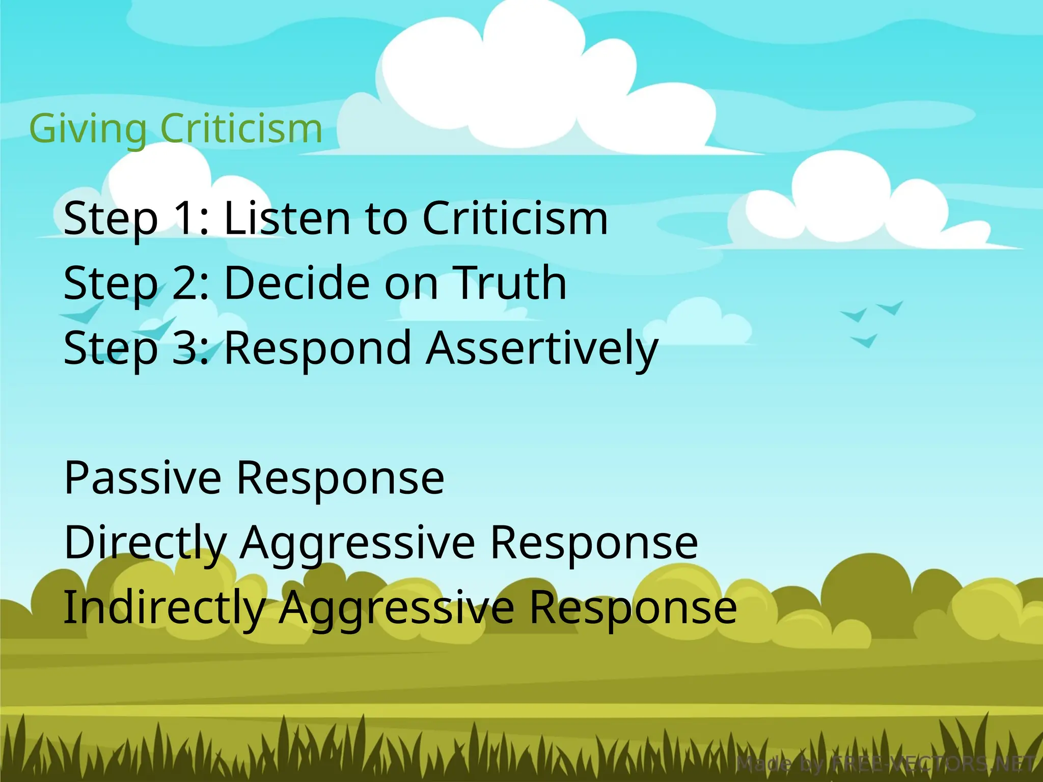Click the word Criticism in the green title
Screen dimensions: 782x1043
pos(241,128)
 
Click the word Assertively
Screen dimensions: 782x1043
pos(542,348)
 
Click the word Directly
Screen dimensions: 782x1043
pos(146,543)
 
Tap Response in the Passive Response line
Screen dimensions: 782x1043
pos(341,479)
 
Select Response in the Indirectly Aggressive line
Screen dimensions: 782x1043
pos(634,607)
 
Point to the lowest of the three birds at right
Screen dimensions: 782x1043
pos(865,341)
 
